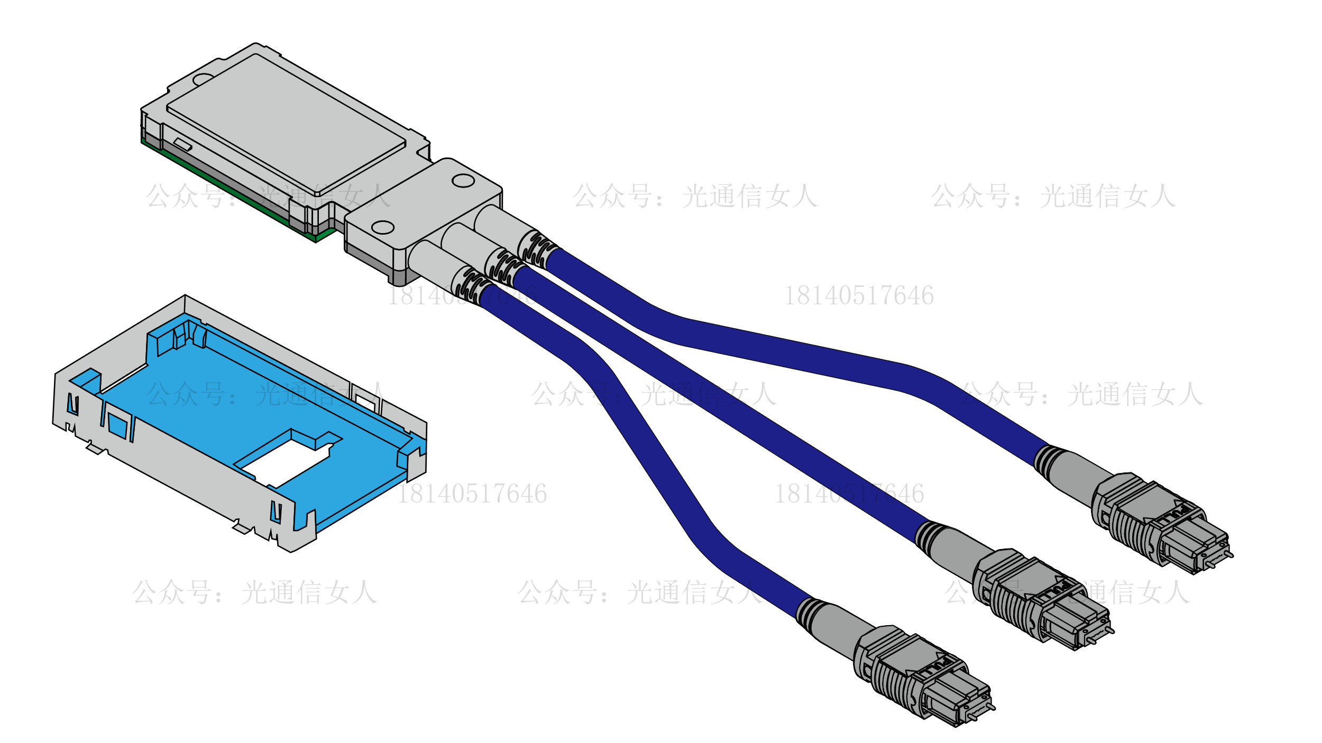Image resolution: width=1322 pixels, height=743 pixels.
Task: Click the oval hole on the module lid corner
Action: (203, 80)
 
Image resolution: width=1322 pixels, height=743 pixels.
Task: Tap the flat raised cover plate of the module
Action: (286, 124)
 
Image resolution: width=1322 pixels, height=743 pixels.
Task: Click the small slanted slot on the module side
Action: (183, 144)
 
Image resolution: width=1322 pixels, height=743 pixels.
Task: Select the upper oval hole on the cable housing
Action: (463, 181)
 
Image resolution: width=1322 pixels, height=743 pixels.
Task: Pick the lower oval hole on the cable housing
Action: (382, 228)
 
